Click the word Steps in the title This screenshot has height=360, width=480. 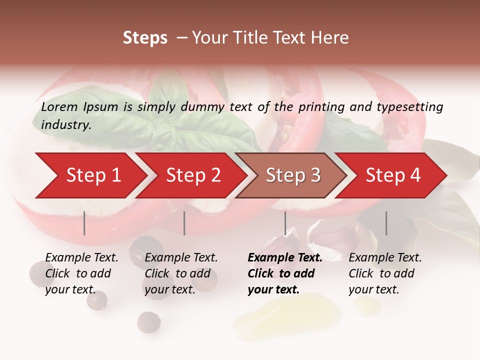[x=145, y=38]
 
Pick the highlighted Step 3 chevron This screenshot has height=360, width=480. [x=293, y=175]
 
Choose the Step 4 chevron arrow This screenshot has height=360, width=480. [x=393, y=175]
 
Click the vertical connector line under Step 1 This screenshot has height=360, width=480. [x=84, y=223]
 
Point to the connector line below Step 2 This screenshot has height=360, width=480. [x=184, y=223]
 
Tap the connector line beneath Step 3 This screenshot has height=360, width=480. [x=285, y=223]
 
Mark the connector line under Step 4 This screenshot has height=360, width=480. [x=386, y=223]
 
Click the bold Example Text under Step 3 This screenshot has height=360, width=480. [x=285, y=258]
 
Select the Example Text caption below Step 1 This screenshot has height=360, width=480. [x=81, y=258]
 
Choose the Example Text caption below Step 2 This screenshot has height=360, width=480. [x=181, y=258]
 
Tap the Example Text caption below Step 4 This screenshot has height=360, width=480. [x=385, y=258]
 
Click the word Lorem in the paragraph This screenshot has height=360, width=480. [x=59, y=107]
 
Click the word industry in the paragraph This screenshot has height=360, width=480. [x=65, y=125]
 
